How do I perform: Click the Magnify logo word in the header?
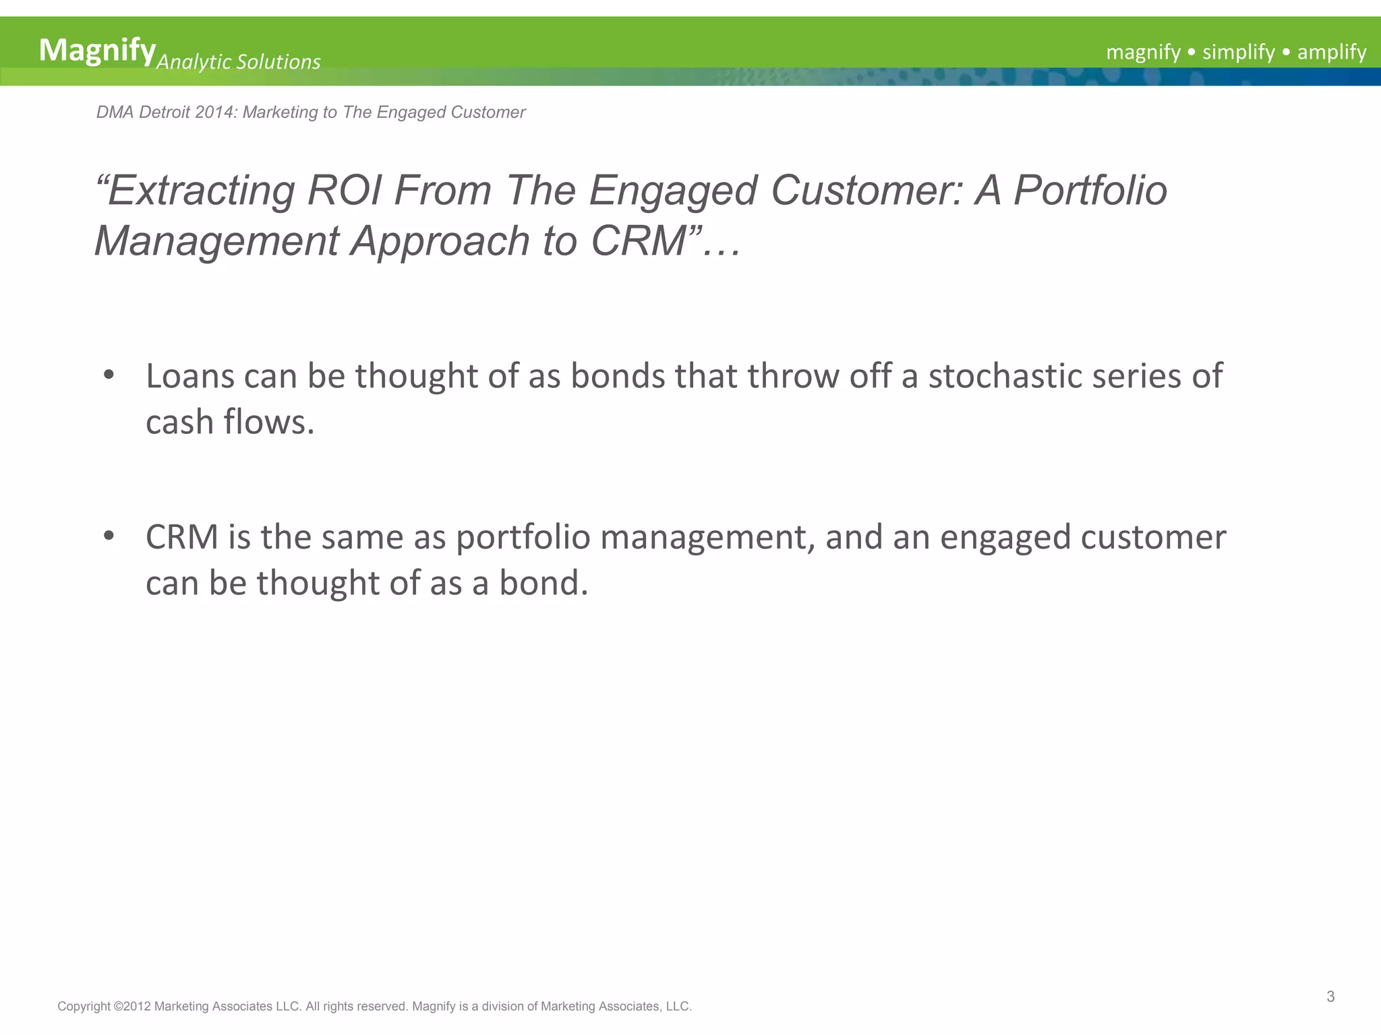coord(97,51)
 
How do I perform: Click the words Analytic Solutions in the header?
coord(238,62)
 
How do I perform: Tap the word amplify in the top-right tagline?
coord(1331,52)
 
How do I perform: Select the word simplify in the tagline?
coord(1238,52)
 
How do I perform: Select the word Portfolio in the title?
coord(1090,191)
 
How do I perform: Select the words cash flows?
coord(230,422)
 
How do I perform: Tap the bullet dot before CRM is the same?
coord(109,536)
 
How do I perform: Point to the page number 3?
coord(1330,997)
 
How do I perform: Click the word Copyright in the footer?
coord(84,1007)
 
